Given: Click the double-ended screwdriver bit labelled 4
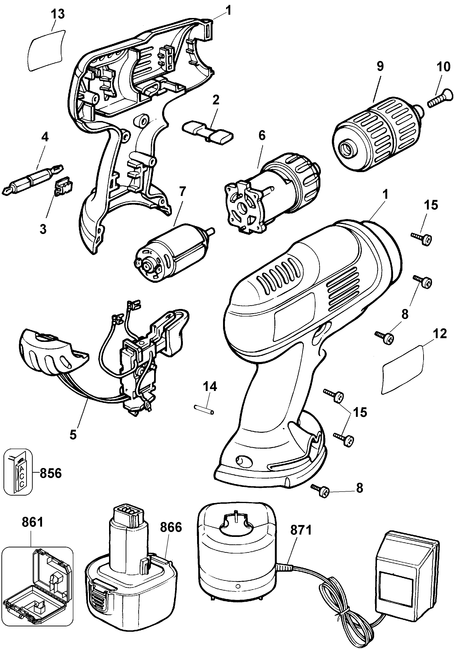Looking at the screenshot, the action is [x=33, y=179].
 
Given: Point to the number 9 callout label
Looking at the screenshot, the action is [x=380, y=67].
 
